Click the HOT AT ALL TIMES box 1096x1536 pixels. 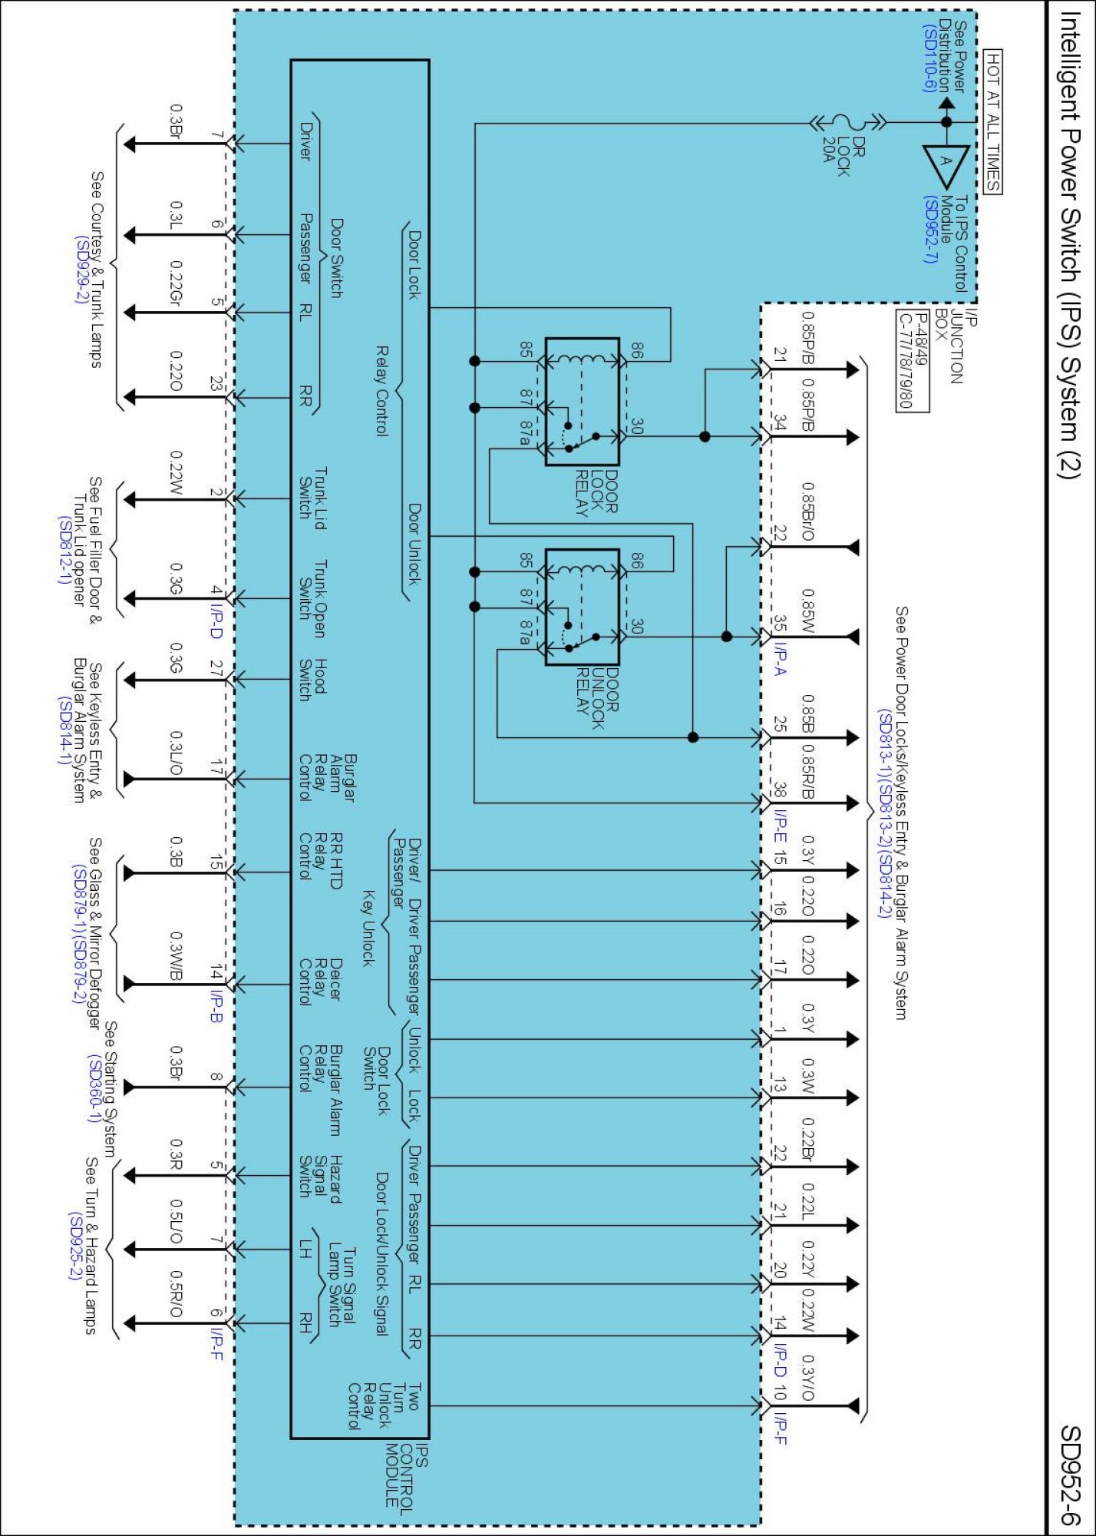point(993,121)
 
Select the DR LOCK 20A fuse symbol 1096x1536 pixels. point(849,122)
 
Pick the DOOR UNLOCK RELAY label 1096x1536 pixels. point(598,698)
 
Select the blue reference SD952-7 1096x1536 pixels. point(929,229)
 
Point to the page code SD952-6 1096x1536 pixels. point(1070,1475)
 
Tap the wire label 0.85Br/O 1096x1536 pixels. point(807,511)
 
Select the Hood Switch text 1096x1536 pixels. point(312,679)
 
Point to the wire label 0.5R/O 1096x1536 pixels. point(176,1293)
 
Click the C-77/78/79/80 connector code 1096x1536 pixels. point(905,362)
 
